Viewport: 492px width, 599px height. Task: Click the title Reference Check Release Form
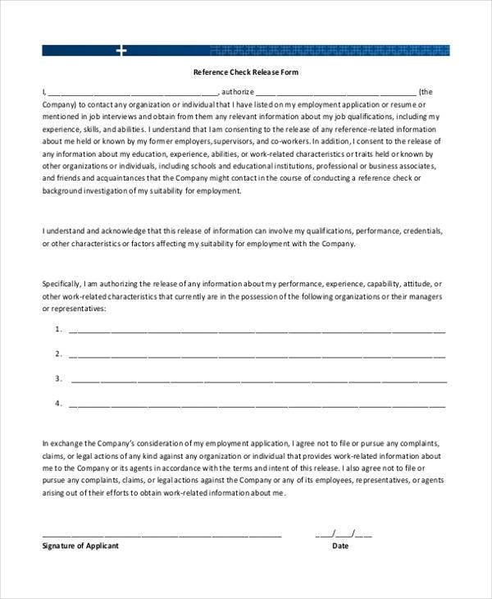click(246, 73)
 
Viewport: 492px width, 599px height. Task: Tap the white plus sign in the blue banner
click(122, 51)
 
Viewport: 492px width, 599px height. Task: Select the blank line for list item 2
click(257, 355)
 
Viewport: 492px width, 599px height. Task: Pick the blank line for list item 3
click(259, 380)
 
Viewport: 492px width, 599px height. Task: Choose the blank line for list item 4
click(257, 405)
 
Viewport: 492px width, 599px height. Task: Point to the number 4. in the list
click(58, 403)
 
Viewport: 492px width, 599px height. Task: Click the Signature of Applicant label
click(80, 546)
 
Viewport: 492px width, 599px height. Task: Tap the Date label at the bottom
click(339, 546)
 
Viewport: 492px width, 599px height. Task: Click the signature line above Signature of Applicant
click(162, 533)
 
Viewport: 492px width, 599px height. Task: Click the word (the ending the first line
click(427, 93)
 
